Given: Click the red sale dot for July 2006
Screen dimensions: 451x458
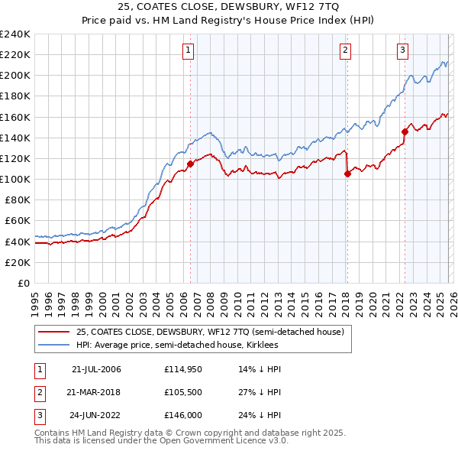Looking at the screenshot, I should (x=190, y=164).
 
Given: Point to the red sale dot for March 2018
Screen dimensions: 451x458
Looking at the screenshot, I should (x=347, y=174).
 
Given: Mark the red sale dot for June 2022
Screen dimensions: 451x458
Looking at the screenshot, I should (x=405, y=131).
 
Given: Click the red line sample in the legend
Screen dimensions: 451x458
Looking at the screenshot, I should (x=53, y=332).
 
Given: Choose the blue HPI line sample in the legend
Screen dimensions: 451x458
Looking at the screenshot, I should (x=53, y=345).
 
